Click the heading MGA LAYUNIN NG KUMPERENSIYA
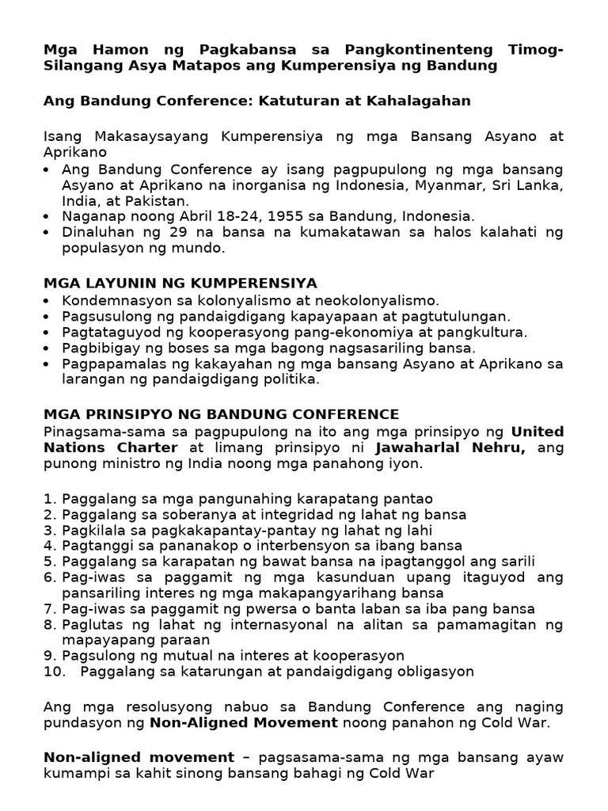pyautogui.click(x=180, y=283)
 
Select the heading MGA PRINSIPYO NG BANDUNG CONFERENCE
pyautogui.click(x=222, y=414)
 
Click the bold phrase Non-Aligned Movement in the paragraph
pyautogui.click(x=243, y=722)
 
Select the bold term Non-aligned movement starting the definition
pyautogui.click(x=139, y=758)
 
